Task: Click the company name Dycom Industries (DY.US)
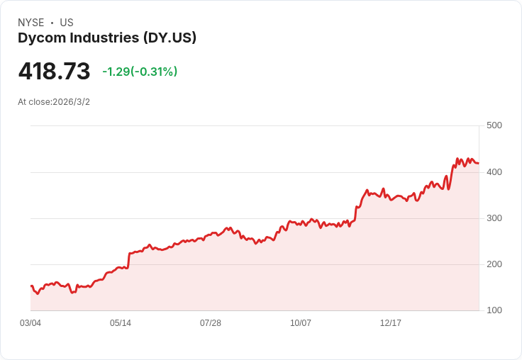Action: (x=107, y=38)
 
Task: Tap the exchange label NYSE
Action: (x=30, y=23)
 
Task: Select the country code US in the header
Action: (x=67, y=23)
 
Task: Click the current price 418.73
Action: (x=54, y=72)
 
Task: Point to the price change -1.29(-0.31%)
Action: (x=140, y=72)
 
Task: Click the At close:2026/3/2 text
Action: (x=54, y=102)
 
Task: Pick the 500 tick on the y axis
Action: (x=494, y=125)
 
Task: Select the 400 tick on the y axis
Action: (x=494, y=172)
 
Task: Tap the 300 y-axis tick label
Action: (x=494, y=218)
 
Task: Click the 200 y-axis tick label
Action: (x=494, y=264)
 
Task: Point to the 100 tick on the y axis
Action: (x=494, y=310)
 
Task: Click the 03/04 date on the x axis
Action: (x=30, y=323)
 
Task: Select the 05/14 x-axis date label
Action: (x=121, y=323)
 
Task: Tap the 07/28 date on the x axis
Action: (x=211, y=323)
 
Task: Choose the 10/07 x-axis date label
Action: (x=301, y=323)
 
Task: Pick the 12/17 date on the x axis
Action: (x=391, y=323)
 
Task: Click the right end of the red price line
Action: (x=478, y=163)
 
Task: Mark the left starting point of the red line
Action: (x=31, y=286)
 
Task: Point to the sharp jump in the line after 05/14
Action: (x=129, y=259)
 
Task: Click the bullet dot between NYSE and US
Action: (x=52, y=23)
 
